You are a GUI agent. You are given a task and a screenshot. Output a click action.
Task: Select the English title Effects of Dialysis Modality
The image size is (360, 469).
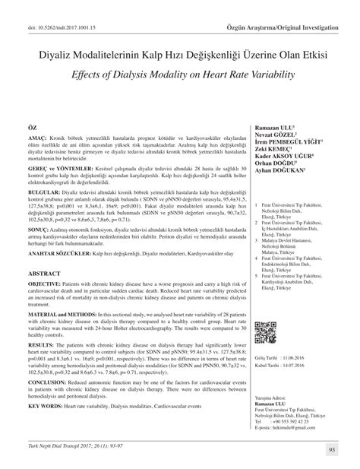179,53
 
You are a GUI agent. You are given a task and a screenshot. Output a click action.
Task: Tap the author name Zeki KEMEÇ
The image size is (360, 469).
270,139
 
